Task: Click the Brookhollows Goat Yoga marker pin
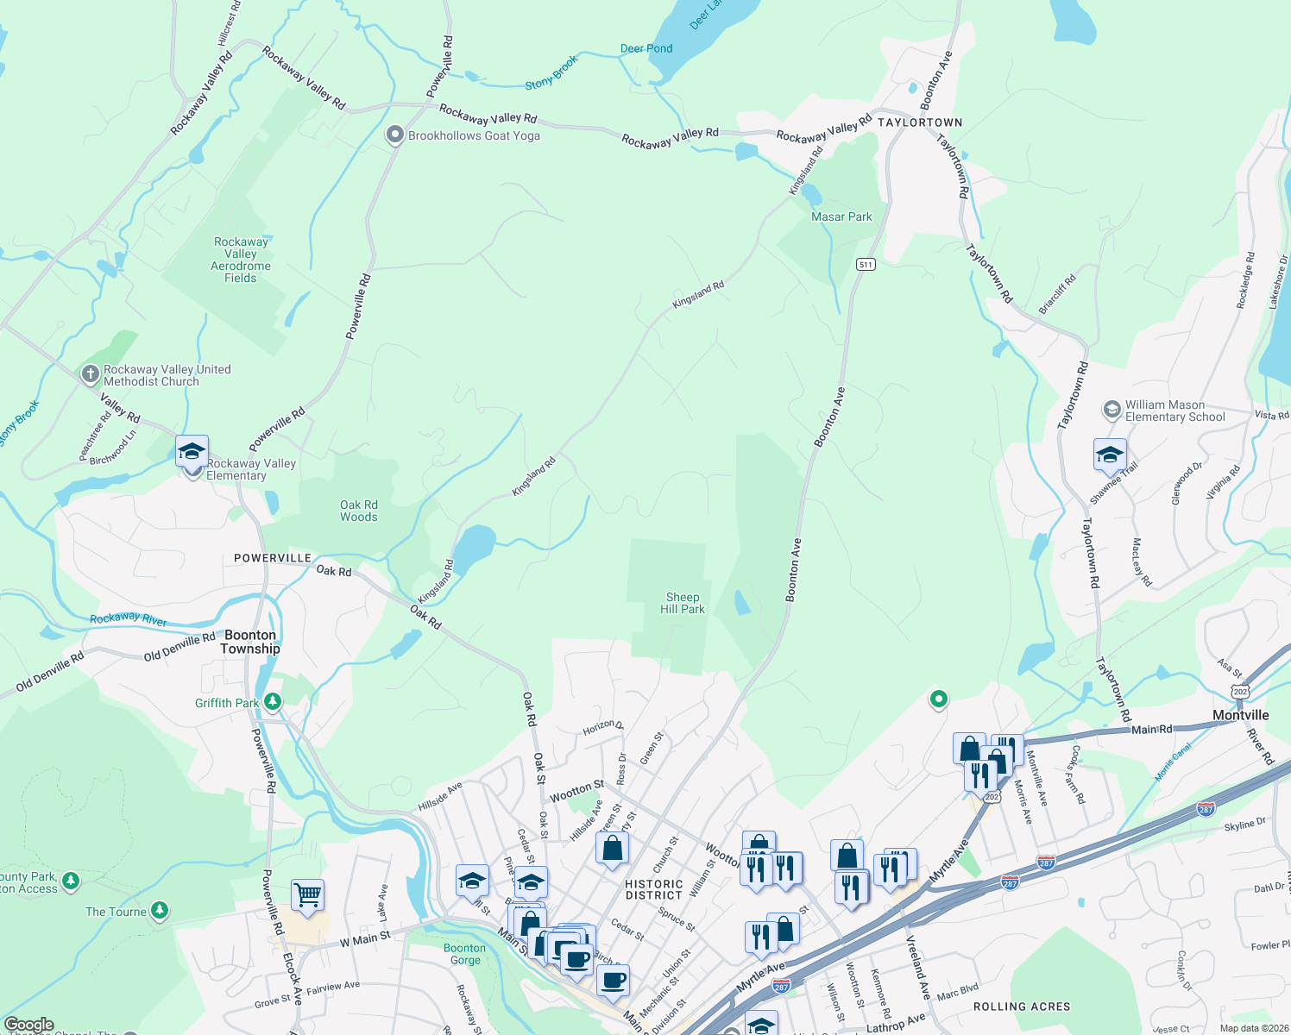[x=394, y=135]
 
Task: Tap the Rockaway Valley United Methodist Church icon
[x=90, y=374]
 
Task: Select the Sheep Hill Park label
[x=682, y=603]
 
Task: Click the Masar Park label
[x=841, y=216]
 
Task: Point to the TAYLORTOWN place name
[x=920, y=122]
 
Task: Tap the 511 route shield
[x=866, y=264]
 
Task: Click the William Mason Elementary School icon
[x=1112, y=409]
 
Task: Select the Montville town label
[x=1240, y=715]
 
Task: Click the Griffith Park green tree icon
[x=273, y=702]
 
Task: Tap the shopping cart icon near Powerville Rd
[x=307, y=894]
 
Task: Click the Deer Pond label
[x=646, y=48]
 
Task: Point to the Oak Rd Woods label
[x=358, y=511]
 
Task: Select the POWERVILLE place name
[x=273, y=558]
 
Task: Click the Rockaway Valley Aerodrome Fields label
[x=241, y=260]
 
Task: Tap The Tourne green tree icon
[x=159, y=911]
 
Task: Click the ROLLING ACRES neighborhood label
[x=1022, y=1007]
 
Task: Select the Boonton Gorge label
[x=464, y=954]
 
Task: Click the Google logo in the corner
[x=29, y=1025]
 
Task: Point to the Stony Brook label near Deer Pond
[x=551, y=73]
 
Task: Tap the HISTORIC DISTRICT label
[x=654, y=889]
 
